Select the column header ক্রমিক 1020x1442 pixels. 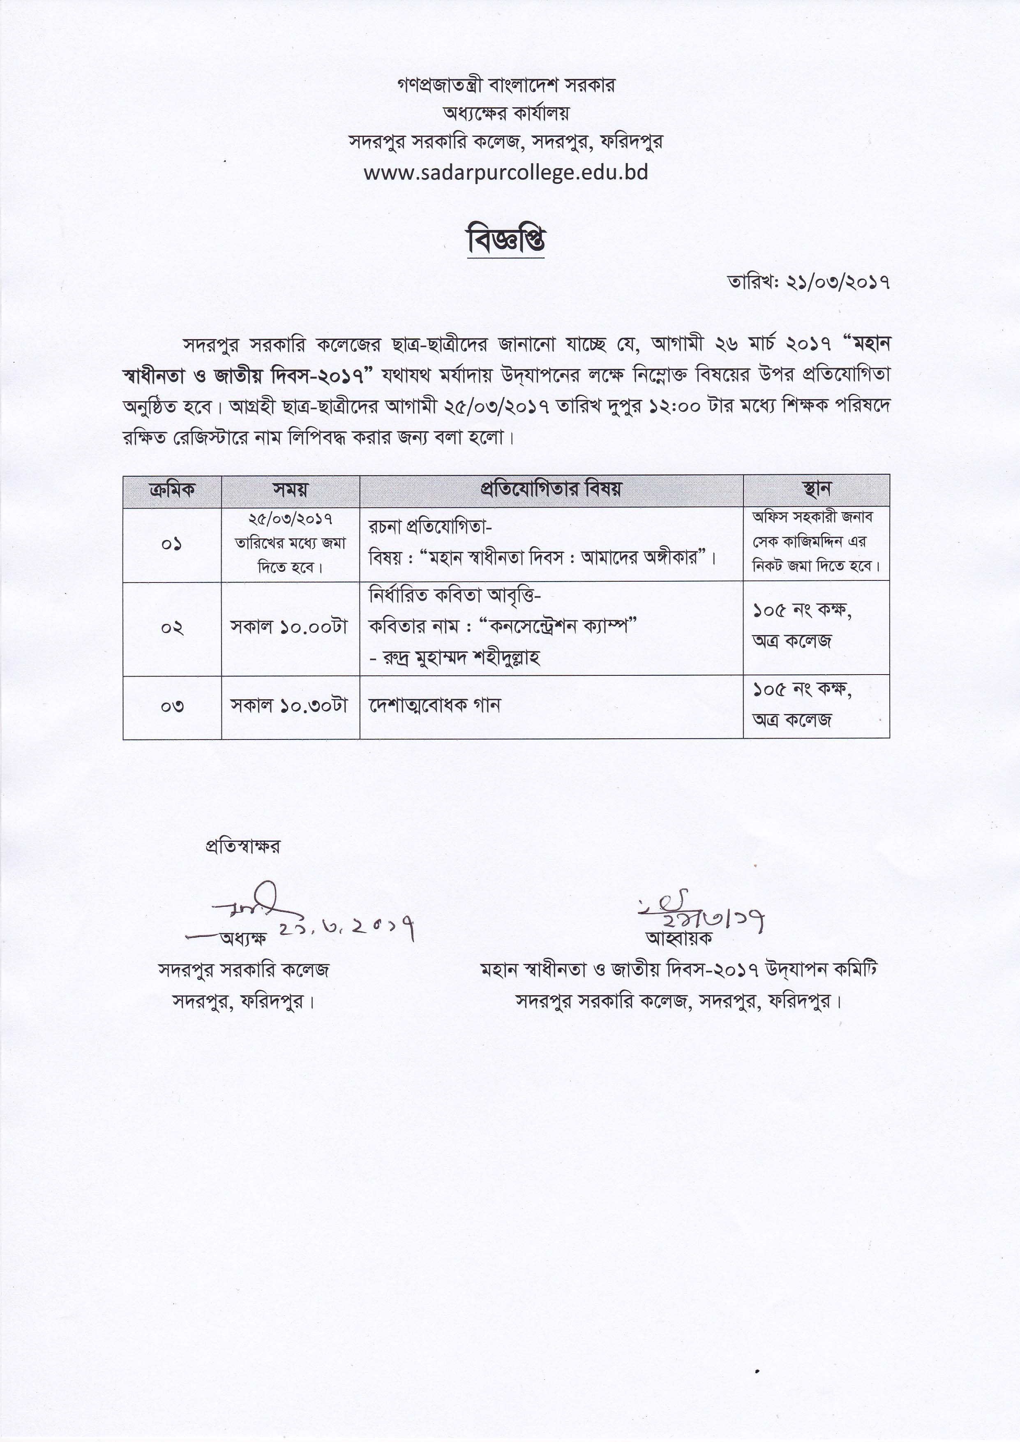coord(172,490)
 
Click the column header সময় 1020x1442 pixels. coord(290,490)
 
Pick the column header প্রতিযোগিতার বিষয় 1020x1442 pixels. coord(551,490)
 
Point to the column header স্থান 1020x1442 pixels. coord(817,490)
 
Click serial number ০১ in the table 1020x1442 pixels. coord(172,544)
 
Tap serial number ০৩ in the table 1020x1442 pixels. coord(172,706)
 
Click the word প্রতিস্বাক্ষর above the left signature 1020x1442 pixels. coord(242,846)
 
